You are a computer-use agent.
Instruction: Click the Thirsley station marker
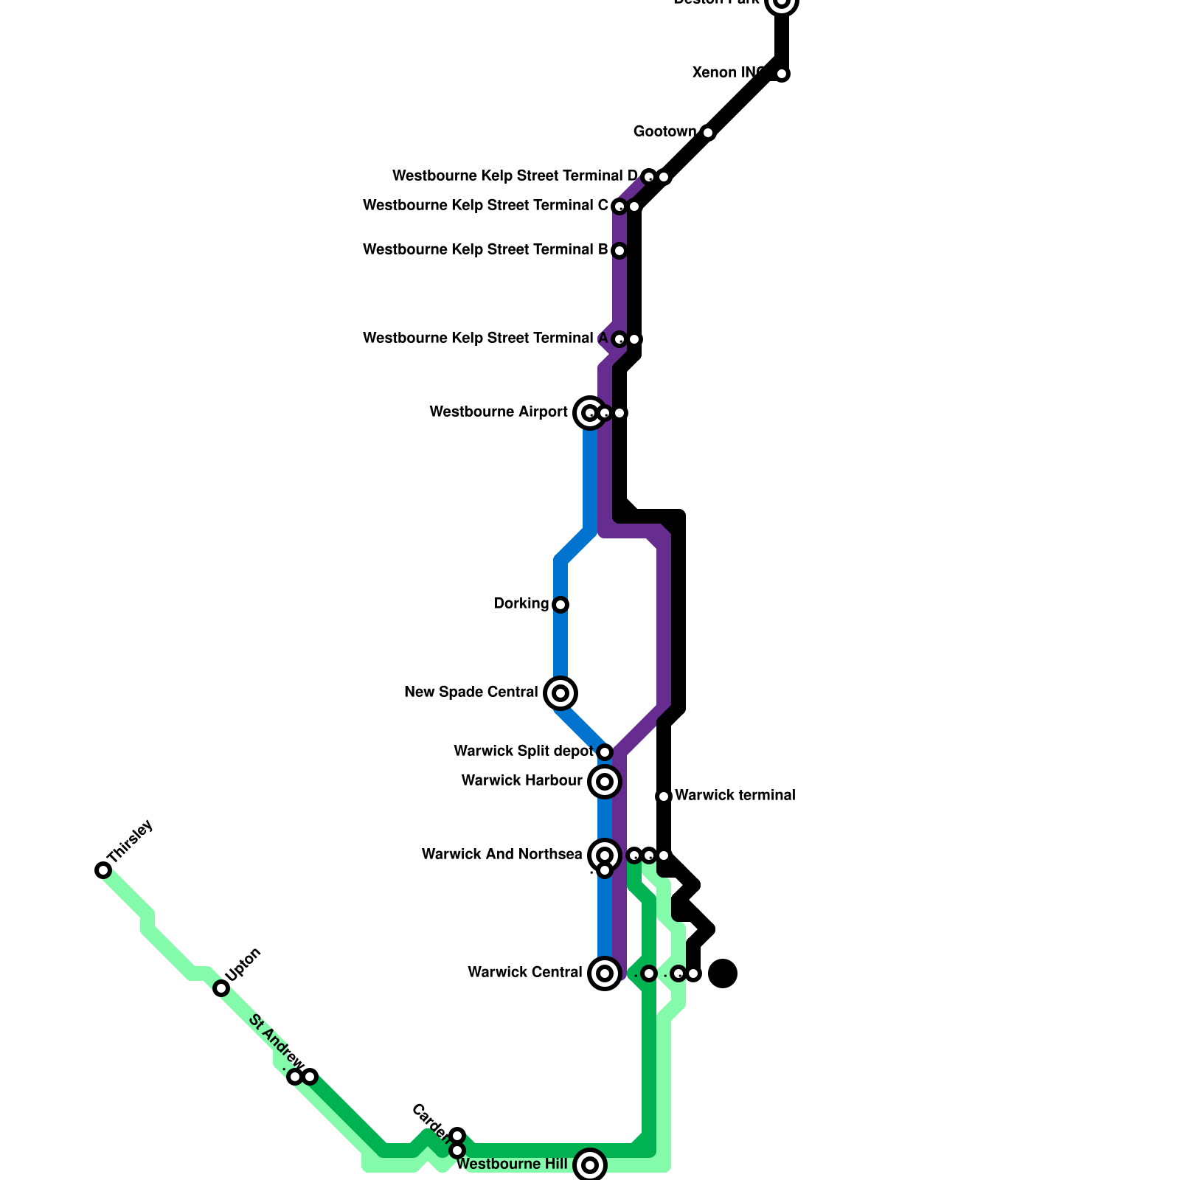[103, 870]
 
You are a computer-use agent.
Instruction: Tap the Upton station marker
[221, 988]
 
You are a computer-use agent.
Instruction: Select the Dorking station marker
[560, 605]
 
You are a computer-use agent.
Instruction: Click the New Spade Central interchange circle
[560, 693]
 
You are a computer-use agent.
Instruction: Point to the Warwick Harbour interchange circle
[605, 781]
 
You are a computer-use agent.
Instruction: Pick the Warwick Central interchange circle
[605, 974]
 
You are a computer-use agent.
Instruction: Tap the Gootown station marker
[708, 133]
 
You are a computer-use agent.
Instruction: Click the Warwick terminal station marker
[664, 796]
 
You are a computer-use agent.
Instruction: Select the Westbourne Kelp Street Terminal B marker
[619, 251]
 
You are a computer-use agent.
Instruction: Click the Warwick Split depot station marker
[605, 752]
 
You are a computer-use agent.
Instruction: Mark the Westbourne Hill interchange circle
[590, 1165]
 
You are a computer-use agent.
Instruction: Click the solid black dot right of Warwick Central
[723, 974]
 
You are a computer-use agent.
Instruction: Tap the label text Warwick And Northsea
[502, 855]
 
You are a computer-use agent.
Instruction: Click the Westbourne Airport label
[499, 412]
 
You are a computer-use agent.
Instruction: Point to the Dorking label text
[521, 604]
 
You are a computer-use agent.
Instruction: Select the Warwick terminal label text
[735, 796]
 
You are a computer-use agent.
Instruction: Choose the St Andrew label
[275, 1041]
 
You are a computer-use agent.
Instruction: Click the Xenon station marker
[782, 74]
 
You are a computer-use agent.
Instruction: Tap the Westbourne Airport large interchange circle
[589, 413]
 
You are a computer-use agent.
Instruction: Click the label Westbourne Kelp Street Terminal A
[485, 339]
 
